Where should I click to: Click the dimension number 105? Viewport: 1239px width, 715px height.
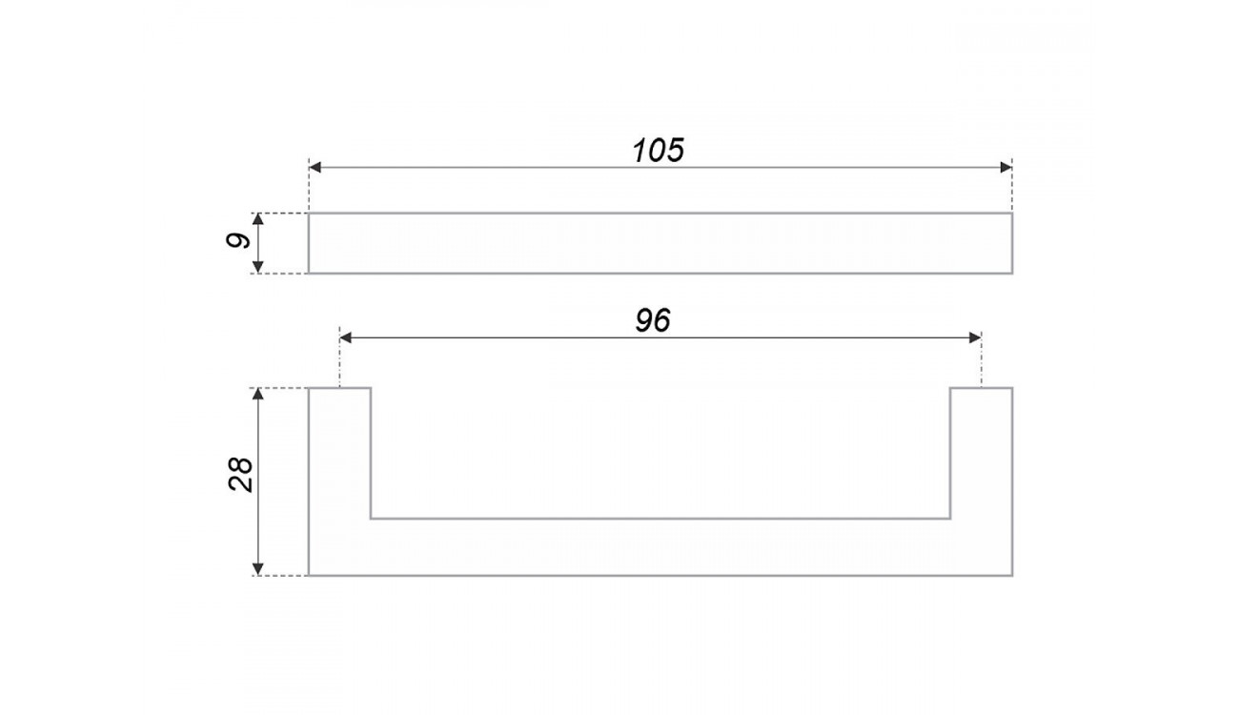point(659,150)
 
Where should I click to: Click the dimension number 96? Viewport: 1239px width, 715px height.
point(653,320)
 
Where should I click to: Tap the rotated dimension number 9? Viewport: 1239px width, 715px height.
point(238,241)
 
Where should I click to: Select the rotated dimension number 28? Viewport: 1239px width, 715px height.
point(240,475)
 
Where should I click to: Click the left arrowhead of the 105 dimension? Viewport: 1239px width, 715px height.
point(315,167)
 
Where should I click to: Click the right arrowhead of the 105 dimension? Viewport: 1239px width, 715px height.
point(1006,167)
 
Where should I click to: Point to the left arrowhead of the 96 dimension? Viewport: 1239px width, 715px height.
point(346,337)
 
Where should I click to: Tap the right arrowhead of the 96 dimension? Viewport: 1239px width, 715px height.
point(975,337)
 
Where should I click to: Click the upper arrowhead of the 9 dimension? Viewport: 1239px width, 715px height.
point(257,219)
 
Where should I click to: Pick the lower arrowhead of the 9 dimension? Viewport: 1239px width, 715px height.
point(257,267)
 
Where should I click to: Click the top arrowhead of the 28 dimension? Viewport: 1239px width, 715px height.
point(257,394)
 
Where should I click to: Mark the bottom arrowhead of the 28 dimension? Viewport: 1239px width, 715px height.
point(257,569)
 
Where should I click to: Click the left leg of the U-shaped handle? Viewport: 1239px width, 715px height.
point(339,453)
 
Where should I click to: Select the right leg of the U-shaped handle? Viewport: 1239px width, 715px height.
point(982,453)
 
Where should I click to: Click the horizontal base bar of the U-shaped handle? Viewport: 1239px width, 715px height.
point(660,547)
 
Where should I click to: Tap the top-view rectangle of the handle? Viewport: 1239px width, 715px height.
point(660,243)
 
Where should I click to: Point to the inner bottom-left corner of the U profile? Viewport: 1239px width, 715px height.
point(371,519)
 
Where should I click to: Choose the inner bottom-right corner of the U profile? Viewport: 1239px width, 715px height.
point(950,519)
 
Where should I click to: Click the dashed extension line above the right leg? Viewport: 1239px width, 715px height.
point(982,359)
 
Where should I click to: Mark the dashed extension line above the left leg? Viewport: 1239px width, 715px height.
point(339,359)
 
